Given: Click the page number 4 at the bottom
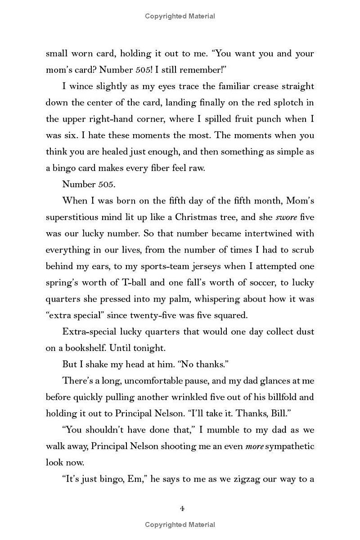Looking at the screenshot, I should click(182, 508).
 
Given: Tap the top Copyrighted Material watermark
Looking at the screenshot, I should click(180, 16).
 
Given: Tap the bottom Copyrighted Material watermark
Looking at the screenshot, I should click(180, 524).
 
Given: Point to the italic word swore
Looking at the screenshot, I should click(287, 217).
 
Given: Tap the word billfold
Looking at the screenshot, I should click(270, 397).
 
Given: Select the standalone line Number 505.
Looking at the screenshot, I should click(85, 184).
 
